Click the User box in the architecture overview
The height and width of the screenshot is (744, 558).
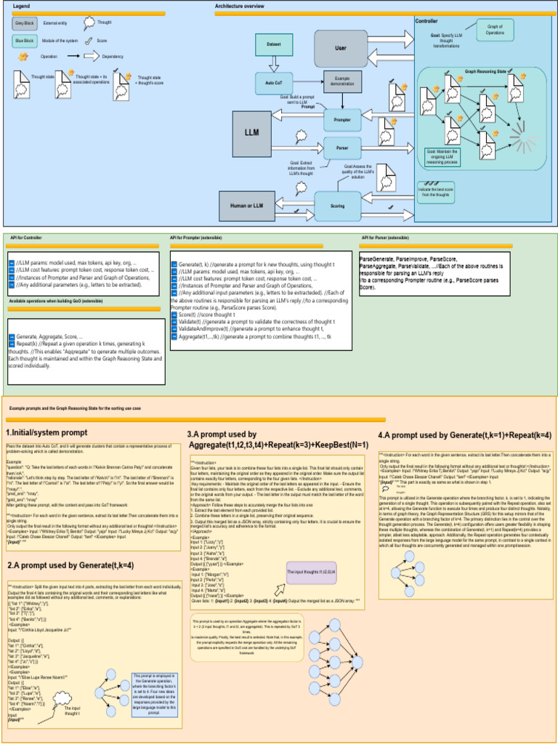pyautogui.click(x=341, y=48)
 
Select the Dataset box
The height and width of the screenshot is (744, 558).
pyautogui.click(x=273, y=45)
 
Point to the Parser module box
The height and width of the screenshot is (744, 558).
pyautogui.click(x=342, y=147)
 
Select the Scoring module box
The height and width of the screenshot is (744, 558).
pyautogui.click(x=338, y=206)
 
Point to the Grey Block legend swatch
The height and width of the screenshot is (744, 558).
pyautogui.click(x=25, y=23)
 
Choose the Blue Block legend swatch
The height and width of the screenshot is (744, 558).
pyautogui.click(x=25, y=41)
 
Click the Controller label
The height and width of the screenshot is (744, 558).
pyautogui.click(x=426, y=21)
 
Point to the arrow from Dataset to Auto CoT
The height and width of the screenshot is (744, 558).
pyautogui.click(x=273, y=64)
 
